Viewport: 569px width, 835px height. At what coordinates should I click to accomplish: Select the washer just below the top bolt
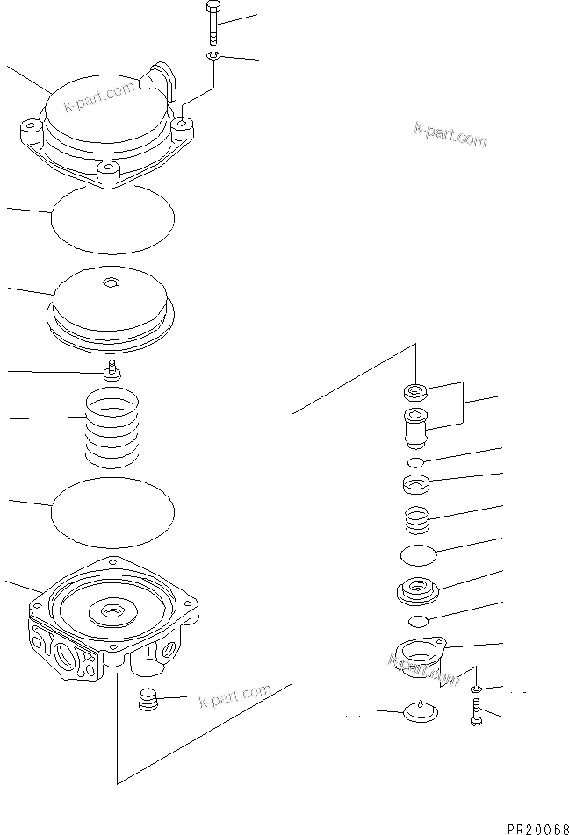[x=213, y=57]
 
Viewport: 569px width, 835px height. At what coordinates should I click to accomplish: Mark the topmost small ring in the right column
[x=415, y=390]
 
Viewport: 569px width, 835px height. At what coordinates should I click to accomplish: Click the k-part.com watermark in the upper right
[x=450, y=134]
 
